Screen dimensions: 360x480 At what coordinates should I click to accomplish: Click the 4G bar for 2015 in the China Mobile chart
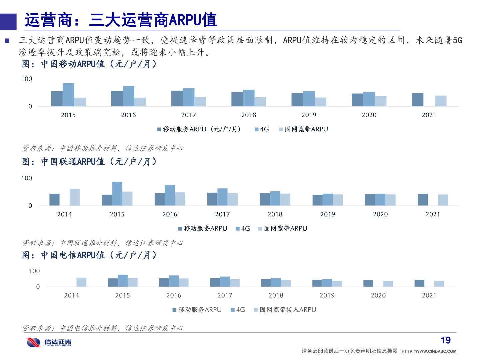coord(68,95)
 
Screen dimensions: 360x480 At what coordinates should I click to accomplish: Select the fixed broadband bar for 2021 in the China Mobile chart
coord(440,101)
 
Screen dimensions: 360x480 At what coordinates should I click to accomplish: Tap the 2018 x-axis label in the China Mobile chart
coord(249,115)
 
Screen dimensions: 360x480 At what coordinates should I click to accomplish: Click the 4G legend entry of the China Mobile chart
coord(262,129)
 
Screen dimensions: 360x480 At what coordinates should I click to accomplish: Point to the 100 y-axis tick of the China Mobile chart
coord(27,79)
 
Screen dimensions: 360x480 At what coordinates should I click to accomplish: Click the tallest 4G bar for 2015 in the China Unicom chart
coord(117,193)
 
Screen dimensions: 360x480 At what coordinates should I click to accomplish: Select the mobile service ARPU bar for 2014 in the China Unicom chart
coord(54,199)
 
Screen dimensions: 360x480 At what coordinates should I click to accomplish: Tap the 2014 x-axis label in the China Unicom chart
coord(64,214)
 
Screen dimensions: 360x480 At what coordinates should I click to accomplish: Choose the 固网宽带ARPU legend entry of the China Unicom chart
coord(283,229)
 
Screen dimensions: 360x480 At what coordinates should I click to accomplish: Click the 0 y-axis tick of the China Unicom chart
coord(30,206)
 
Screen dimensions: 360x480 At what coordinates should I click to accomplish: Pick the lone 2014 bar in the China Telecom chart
coord(81,282)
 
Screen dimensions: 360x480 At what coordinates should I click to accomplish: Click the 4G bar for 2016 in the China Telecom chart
coord(174,281)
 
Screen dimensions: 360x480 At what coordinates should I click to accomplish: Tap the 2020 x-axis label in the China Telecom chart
coord(378,295)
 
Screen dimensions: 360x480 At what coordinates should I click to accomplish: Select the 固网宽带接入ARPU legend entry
coord(285,310)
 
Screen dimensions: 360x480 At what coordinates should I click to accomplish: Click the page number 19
coord(446,340)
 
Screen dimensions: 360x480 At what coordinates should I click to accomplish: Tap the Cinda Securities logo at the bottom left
coord(49,342)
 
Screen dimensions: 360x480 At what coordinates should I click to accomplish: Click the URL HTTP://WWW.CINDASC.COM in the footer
coord(429,351)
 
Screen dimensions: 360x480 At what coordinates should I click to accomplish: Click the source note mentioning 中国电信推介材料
coord(103,328)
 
